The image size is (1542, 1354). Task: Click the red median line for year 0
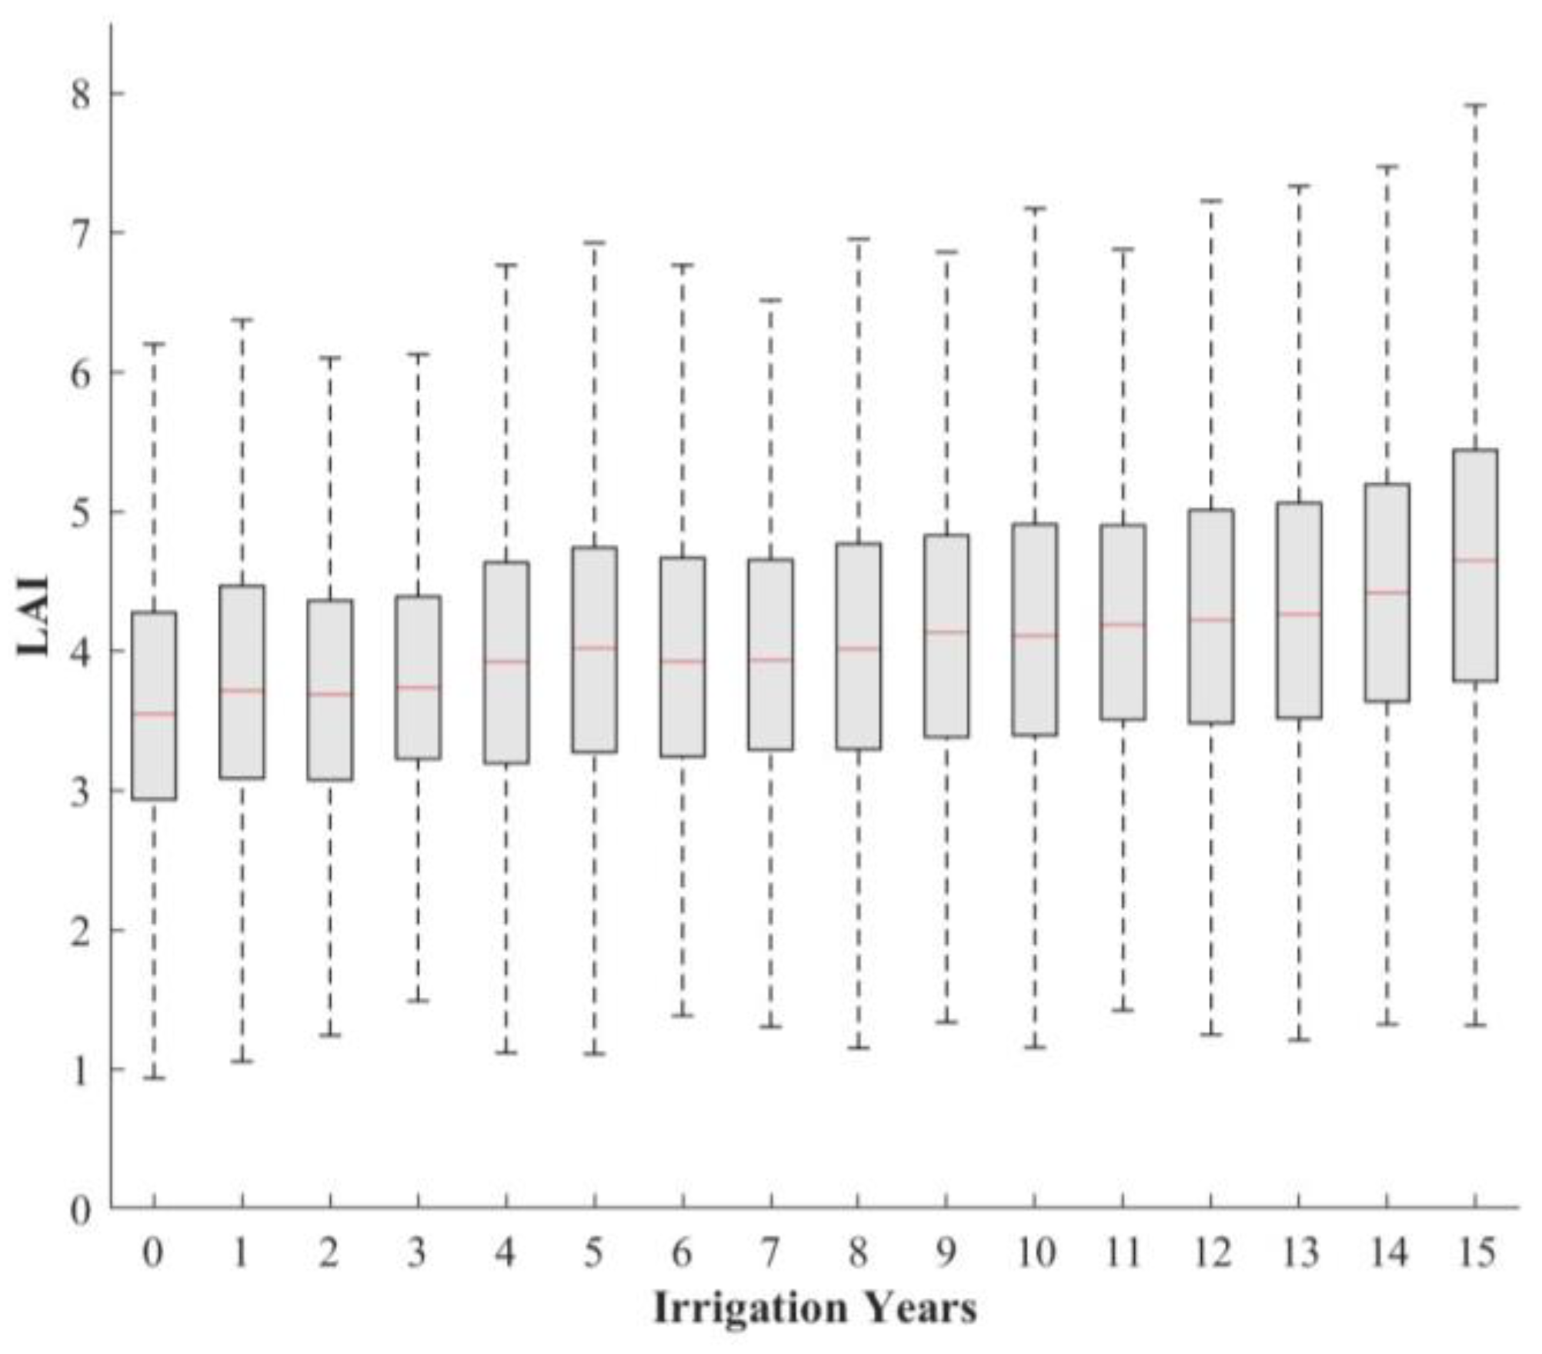point(154,714)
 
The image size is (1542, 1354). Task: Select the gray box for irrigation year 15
point(1475,565)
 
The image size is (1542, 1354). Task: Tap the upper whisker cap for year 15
point(1475,105)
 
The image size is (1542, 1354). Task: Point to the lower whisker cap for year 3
point(418,1001)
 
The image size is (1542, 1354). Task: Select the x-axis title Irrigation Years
point(816,1308)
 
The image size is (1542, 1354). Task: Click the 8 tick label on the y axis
point(81,95)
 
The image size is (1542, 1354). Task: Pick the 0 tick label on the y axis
point(81,1211)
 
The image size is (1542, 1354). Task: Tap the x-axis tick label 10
point(1035,1253)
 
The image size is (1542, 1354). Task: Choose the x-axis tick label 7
point(770,1253)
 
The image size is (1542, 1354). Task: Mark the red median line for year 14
point(1387,592)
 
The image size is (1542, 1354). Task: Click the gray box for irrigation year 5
point(594,650)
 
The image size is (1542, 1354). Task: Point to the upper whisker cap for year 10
point(1035,208)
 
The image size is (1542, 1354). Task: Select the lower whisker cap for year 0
point(154,1078)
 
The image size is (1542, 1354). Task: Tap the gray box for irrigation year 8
point(859,646)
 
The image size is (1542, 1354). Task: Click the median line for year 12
point(1211,619)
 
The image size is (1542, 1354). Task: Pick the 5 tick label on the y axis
point(81,513)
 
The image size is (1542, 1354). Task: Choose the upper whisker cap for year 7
point(770,300)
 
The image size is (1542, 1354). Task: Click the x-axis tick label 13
point(1300,1253)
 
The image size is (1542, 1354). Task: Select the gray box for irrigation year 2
point(330,690)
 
